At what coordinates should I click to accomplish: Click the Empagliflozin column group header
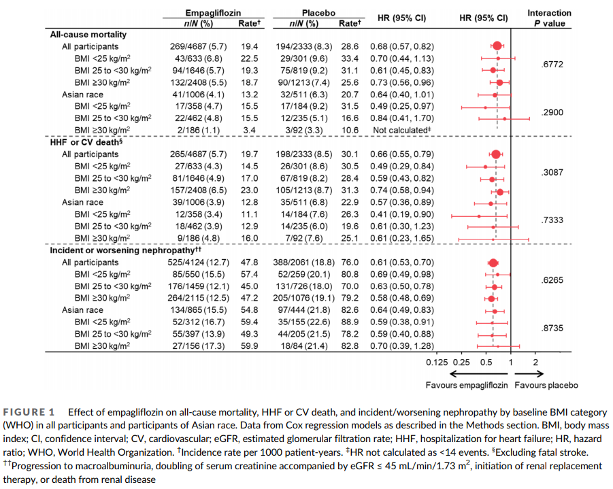[213, 13]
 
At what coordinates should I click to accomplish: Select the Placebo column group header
[318, 13]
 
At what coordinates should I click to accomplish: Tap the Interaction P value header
[549, 18]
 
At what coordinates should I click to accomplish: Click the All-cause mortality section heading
[88, 35]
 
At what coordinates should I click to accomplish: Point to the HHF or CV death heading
[86, 142]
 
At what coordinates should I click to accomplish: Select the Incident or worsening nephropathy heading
[125, 250]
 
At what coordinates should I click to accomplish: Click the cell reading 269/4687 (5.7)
[198, 46]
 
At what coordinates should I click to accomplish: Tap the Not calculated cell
[401, 130]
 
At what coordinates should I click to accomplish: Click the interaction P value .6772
[552, 65]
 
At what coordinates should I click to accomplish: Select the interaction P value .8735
[552, 328]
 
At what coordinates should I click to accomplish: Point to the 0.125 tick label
[437, 362]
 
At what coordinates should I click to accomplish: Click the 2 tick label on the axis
[535, 362]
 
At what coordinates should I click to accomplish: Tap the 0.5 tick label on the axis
[486, 362]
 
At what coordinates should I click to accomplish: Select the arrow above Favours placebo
[529, 374]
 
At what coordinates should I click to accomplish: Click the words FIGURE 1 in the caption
[29, 412]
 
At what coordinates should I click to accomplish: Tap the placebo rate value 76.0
[350, 263]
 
